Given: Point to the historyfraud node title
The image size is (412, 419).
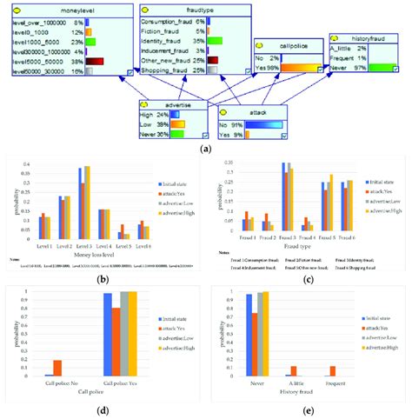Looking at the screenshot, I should tap(369, 40).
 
